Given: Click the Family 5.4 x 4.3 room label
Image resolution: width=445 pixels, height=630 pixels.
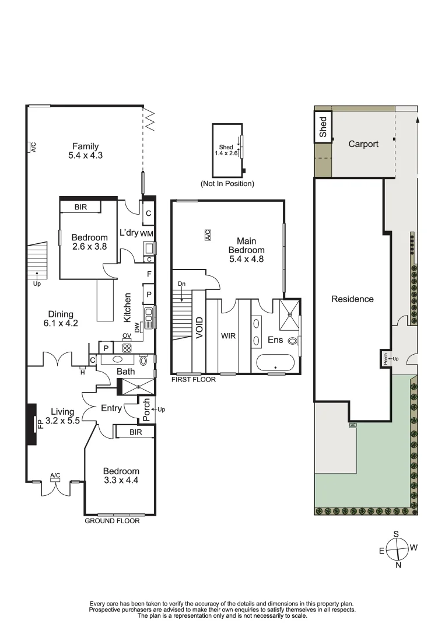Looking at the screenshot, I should (x=85, y=151).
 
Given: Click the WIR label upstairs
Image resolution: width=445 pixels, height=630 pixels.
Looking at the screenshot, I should (x=227, y=337).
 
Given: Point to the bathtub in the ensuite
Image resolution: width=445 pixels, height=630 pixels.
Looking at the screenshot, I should (x=276, y=363).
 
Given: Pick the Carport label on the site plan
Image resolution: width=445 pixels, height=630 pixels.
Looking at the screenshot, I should (x=363, y=144).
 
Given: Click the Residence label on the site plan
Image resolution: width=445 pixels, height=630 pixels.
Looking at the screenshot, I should (x=352, y=299).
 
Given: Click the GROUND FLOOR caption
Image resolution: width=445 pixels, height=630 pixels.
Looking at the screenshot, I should (x=113, y=521).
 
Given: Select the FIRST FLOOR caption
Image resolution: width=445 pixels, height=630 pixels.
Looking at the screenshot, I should (x=193, y=379).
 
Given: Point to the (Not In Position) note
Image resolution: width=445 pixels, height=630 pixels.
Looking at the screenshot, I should (x=227, y=184).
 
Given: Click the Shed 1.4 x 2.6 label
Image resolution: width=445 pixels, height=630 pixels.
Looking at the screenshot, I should (x=226, y=150).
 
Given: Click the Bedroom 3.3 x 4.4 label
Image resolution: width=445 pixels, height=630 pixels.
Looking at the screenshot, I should (x=121, y=476).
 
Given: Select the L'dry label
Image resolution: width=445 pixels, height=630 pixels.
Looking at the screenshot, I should (x=128, y=233).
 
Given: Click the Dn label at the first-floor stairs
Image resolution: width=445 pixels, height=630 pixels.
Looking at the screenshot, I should (x=181, y=283).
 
